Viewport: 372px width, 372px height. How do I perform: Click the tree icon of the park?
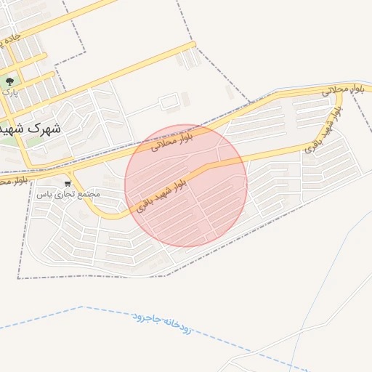[9, 81]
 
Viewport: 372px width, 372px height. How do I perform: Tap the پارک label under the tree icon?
[9, 93]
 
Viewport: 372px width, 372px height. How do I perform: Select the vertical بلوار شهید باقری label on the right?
[323, 131]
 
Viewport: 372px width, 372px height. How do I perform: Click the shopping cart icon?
[68, 184]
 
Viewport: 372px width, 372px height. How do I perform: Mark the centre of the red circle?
[186, 185]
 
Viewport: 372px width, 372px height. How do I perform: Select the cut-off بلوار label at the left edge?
[16, 179]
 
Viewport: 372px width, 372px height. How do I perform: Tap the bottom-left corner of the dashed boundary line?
[18, 278]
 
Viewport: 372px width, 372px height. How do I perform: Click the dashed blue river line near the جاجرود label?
[116, 314]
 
